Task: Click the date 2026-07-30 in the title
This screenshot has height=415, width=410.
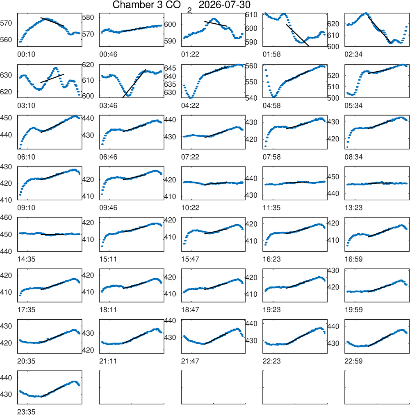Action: point(224,5)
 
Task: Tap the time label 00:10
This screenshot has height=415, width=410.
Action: point(26,54)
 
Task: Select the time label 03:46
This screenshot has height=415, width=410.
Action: point(108,106)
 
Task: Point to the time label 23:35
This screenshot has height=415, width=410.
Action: point(26,412)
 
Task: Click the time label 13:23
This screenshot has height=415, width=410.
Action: point(353,208)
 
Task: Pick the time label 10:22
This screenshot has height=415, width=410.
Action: point(190,208)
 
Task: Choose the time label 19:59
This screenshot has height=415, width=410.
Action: point(353,310)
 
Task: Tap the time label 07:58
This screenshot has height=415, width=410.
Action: point(271,157)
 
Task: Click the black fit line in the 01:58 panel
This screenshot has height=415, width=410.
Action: point(298,35)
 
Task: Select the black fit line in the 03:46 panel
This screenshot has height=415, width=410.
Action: point(134,83)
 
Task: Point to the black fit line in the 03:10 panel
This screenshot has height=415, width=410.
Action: point(52,78)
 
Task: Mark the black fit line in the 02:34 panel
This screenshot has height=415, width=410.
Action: point(379,29)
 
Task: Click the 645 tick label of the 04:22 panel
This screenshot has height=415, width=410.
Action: point(170,68)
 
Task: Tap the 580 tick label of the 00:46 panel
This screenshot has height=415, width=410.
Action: point(88,18)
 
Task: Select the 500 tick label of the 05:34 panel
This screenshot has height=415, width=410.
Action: point(333,98)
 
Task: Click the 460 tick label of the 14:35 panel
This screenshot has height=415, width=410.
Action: point(6,218)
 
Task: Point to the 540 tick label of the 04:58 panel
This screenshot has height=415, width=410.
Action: point(251,98)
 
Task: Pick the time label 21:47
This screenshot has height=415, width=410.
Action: point(190,361)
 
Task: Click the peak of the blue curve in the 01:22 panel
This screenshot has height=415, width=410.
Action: point(214,19)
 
